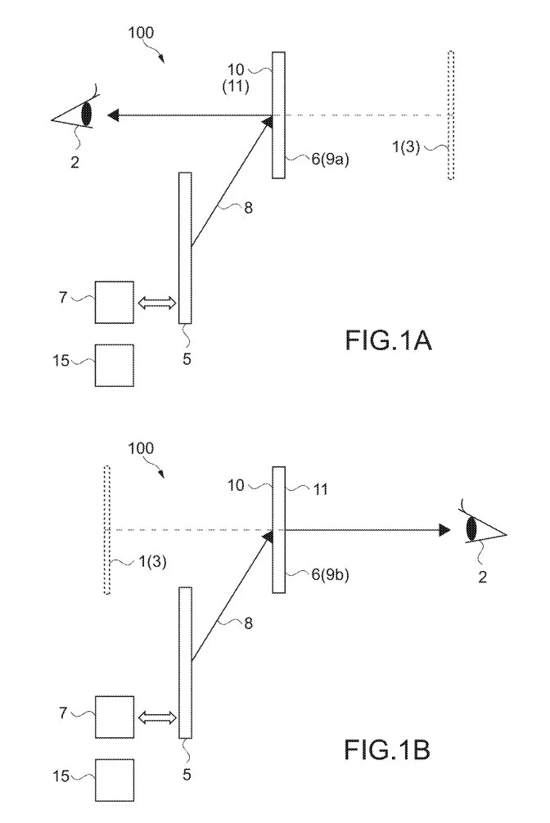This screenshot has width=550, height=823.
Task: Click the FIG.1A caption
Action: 388,340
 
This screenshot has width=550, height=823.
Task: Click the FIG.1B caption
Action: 387,749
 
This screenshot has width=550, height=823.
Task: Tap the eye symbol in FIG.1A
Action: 73,111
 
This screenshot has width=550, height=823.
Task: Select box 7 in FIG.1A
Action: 114,303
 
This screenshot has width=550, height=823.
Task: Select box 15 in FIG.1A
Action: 114,366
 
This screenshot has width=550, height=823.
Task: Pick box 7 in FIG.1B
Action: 114,717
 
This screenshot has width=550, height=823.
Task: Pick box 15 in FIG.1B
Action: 114,780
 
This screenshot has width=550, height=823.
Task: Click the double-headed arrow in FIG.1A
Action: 156,303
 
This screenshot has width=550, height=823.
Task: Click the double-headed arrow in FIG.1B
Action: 156,717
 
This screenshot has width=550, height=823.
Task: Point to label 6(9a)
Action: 330,159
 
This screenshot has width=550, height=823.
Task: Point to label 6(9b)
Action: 330,574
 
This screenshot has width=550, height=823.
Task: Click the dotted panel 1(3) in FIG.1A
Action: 451,115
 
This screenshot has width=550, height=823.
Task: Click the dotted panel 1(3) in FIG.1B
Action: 107,530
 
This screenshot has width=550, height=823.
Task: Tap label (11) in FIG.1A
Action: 236,87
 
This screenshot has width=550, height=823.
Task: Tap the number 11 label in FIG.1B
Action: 320,490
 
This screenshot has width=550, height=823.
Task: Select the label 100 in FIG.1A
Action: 141,33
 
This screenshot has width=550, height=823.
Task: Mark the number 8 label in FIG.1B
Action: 248,623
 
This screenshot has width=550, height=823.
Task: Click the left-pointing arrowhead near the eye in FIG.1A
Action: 112,115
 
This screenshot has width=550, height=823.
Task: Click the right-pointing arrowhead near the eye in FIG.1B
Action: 444,529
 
